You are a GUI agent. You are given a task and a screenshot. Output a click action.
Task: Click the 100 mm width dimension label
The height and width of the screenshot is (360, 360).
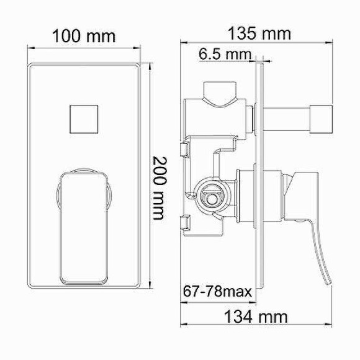click(84, 35)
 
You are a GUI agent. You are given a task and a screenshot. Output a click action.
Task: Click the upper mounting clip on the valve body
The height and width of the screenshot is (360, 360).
click(184, 150)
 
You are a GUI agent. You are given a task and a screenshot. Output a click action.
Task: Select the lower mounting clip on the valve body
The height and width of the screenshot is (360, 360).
click(184, 223)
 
